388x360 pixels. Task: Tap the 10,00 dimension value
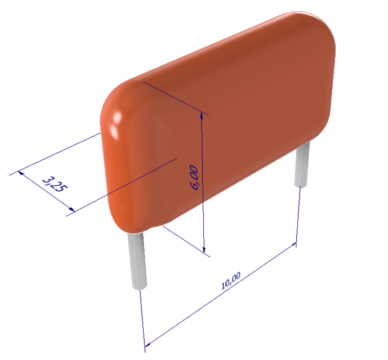click(231, 280)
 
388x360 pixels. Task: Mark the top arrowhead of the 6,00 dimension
click(202, 116)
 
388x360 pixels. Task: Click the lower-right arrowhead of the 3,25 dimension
click(70, 211)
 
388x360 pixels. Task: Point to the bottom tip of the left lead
click(139, 287)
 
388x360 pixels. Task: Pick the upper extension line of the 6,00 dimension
click(175, 98)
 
